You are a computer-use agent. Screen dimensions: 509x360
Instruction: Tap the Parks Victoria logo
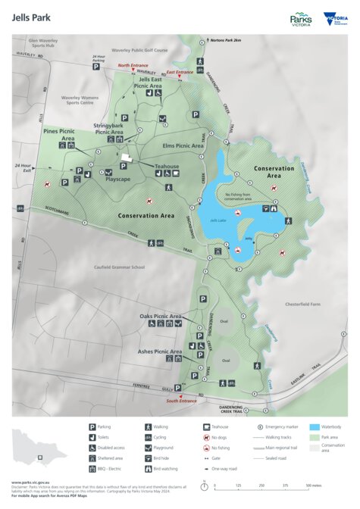[x=301, y=18]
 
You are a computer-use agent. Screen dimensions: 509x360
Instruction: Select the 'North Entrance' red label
[x=133, y=66]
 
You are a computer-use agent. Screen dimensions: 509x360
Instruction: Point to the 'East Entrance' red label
[x=180, y=72]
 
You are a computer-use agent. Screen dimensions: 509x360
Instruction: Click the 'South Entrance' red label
[x=183, y=401]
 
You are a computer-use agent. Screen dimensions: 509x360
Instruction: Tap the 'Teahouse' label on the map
[x=167, y=166]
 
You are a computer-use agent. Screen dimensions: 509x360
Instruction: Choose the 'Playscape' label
[x=119, y=179]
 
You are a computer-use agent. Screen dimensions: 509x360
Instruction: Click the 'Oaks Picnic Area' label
[x=161, y=315]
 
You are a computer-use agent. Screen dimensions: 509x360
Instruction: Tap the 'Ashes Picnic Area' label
[x=160, y=351]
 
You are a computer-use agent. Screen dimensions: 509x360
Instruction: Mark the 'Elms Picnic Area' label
[x=183, y=145]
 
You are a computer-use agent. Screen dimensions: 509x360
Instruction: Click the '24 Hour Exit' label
[x=23, y=167]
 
